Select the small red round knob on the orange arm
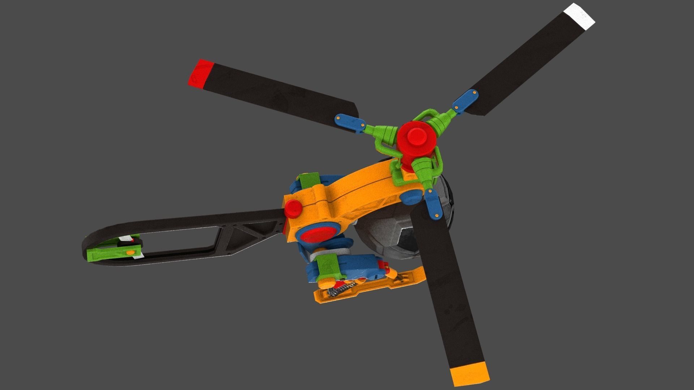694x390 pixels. point(293,208)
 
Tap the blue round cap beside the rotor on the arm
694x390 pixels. point(410,197)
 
